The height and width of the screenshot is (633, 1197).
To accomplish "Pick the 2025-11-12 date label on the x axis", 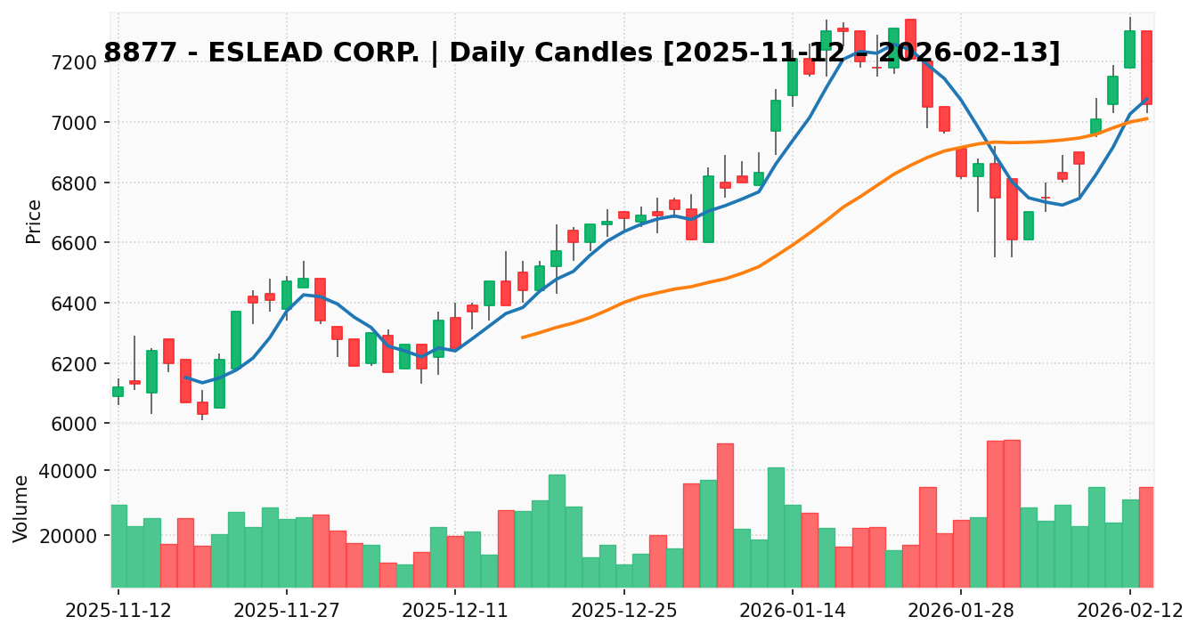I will click(x=118, y=612).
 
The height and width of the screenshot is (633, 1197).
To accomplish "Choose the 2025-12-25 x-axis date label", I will click(x=623, y=612).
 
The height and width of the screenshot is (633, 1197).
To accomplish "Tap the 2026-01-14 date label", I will click(x=793, y=612).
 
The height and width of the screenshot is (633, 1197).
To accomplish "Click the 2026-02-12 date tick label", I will click(x=1129, y=612).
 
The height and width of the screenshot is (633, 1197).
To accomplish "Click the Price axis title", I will click(x=34, y=221).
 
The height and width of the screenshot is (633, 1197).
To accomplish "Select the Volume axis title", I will click(x=21, y=507).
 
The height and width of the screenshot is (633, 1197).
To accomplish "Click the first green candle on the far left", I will click(x=118, y=391).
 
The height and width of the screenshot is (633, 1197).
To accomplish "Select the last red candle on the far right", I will click(x=1146, y=68).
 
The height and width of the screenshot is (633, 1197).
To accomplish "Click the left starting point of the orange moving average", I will click(x=522, y=337).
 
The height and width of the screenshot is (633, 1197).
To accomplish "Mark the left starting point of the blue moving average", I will click(x=185, y=377).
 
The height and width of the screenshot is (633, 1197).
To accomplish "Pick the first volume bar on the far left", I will click(x=118, y=546).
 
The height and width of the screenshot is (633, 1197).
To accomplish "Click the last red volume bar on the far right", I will click(x=1146, y=537).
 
